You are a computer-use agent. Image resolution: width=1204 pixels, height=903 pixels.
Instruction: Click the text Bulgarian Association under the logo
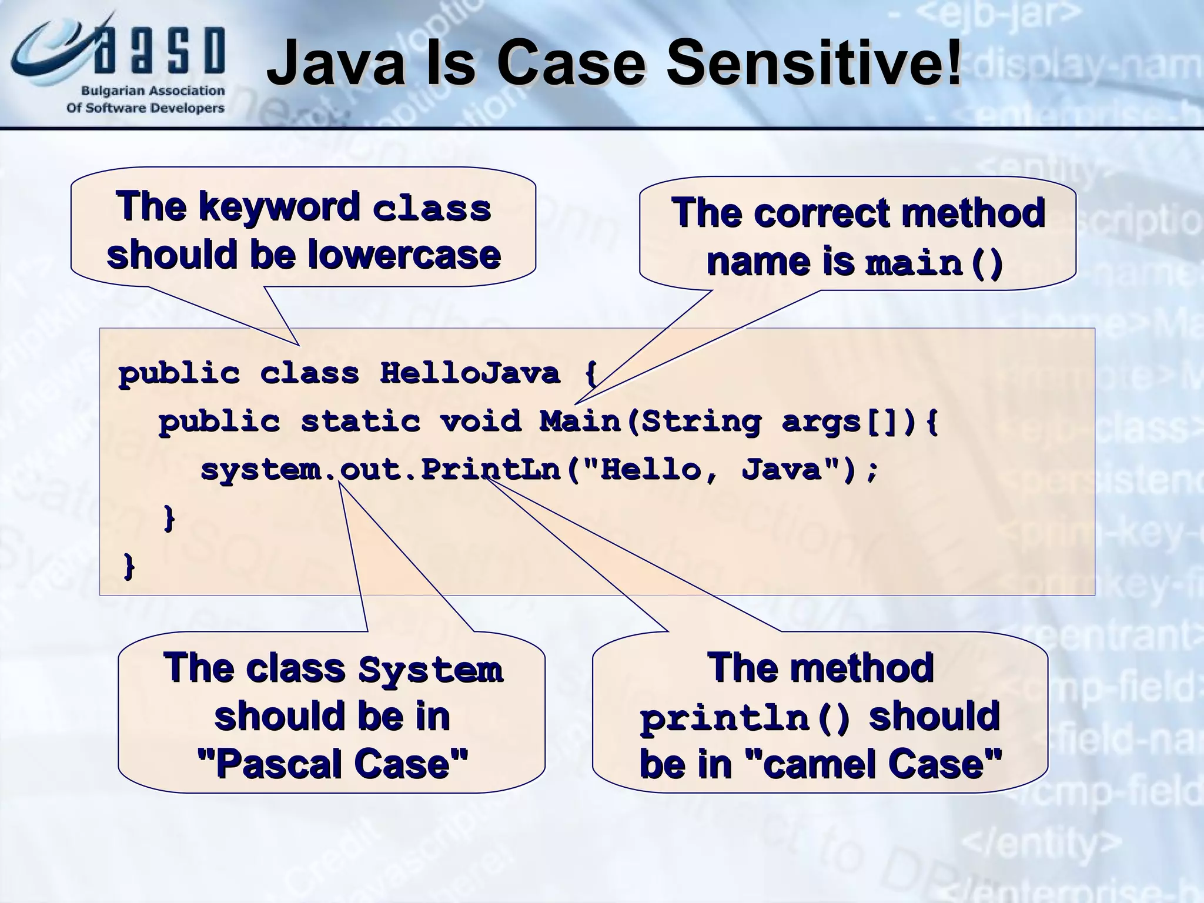pyautogui.click(x=153, y=91)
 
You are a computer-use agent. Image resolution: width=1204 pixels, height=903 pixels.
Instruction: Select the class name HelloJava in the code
pyautogui.click(x=470, y=373)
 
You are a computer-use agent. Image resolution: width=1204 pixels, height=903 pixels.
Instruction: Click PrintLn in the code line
pyautogui.click(x=491, y=470)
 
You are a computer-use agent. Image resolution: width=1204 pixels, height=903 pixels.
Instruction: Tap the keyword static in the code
pyautogui.click(x=360, y=422)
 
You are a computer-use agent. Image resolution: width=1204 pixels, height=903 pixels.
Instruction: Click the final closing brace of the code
pyautogui.click(x=129, y=566)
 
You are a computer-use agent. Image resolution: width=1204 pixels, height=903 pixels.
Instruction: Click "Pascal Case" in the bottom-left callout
pyautogui.click(x=333, y=764)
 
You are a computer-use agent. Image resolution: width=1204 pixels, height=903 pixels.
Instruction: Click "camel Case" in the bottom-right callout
pyautogui.click(x=874, y=764)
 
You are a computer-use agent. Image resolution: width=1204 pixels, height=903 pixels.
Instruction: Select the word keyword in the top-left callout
pyautogui.click(x=279, y=206)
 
